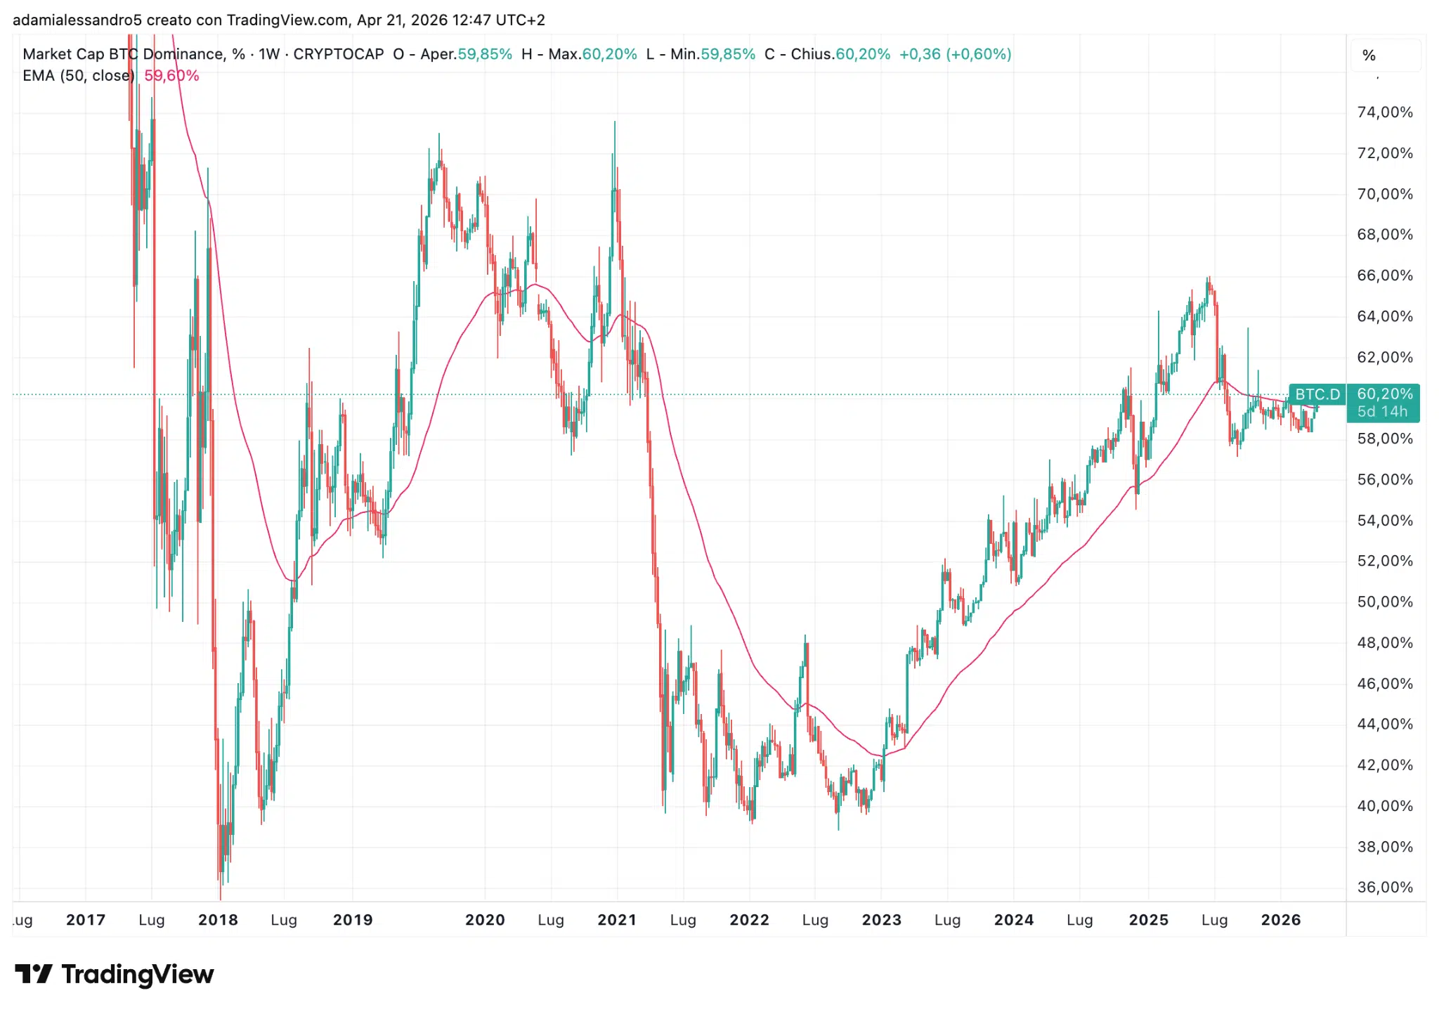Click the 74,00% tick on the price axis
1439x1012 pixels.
coord(1384,112)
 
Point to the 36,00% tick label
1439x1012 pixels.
coord(1384,887)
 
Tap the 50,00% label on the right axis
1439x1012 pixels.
coord(1384,602)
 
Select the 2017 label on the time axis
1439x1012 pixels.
coord(86,920)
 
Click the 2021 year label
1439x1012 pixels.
coord(617,920)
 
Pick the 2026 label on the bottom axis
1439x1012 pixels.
coord(1281,920)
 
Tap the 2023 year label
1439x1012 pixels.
coord(882,920)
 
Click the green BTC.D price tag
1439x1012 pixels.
coord(1317,394)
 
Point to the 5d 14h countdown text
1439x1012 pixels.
coord(1382,412)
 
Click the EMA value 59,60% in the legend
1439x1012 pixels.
coord(171,76)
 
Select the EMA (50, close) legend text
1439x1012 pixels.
coord(79,76)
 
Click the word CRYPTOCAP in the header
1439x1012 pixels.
coord(339,54)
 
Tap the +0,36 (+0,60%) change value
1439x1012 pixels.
coord(955,54)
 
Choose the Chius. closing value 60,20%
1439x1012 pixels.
coord(863,54)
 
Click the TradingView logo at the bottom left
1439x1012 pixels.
coord(115,974)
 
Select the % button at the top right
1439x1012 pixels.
coord(1369,56)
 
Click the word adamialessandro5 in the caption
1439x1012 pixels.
coord(77,20)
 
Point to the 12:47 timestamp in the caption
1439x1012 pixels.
coord(473,20)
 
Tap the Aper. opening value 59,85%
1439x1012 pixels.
coord(485,54)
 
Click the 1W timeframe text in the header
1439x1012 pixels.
coord(269,54)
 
